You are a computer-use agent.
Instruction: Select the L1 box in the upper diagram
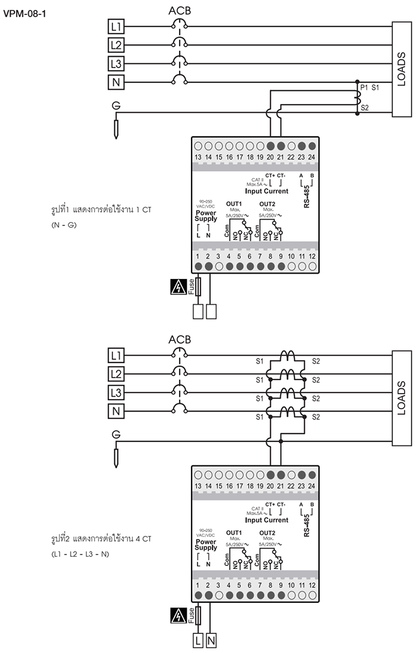tap(116, 26)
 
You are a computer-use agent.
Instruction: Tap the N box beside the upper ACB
tap(116, 82)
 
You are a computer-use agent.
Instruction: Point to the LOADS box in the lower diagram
tap(402, 398)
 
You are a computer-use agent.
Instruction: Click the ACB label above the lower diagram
tap(180, 339)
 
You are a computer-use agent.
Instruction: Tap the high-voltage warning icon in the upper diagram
tap(178, 287)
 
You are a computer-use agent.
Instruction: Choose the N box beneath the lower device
tap(211, 641)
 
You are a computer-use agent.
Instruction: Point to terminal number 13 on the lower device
tap(198, 487)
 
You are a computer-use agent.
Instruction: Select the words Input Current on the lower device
tap(267, 520)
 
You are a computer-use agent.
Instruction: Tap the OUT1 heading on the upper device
tap(233, 204)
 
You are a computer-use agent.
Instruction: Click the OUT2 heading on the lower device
tap(268, 532)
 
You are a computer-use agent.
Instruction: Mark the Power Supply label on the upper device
tap(206, 216)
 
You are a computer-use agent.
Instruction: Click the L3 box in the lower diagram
tap(116, 393)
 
